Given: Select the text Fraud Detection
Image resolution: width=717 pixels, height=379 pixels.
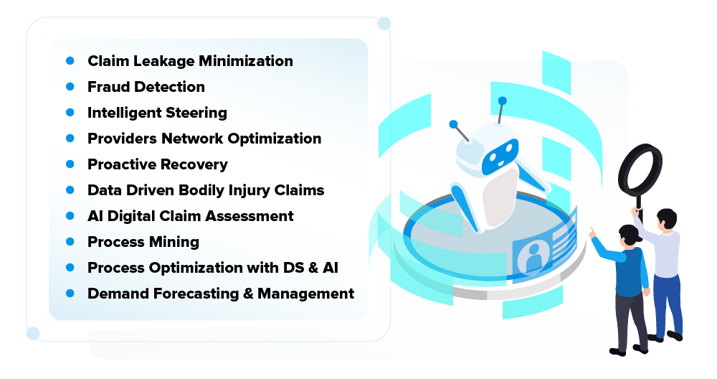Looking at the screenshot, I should click(146, 87).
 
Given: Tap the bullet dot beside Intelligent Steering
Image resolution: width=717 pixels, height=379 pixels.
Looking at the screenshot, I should click(70, 113).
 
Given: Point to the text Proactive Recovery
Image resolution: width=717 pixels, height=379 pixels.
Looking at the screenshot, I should click(158, 164).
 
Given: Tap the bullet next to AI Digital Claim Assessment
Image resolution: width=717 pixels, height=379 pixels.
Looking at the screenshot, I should click(70, 216).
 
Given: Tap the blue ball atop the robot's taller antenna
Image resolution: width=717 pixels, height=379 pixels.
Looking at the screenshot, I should click(503, 101).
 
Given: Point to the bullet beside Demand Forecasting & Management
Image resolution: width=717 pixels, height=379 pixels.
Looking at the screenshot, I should click(70, 294).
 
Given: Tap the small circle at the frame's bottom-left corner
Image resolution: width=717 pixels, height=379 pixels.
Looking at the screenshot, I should click(32, 333).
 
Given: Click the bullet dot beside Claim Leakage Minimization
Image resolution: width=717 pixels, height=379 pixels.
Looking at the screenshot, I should click(70, 61).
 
